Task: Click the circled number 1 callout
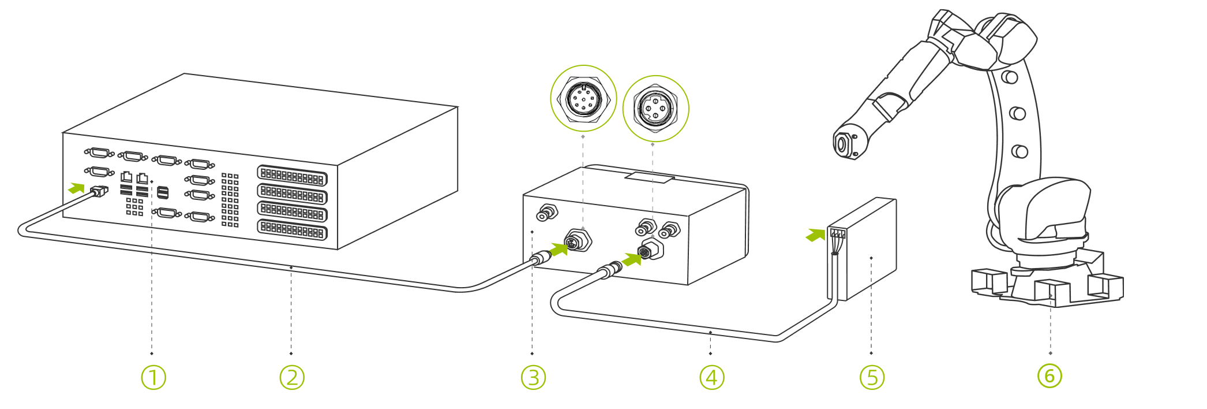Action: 153,377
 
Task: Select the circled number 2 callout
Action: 292,377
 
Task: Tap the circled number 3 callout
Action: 533,377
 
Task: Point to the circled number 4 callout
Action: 711,377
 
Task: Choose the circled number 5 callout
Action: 872,377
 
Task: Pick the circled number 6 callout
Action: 1049,375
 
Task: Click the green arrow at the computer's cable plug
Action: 76,188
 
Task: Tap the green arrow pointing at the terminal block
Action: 815,235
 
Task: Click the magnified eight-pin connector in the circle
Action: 583,99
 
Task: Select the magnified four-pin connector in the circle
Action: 655,108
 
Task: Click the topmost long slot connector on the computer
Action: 292,176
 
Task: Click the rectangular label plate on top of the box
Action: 650,177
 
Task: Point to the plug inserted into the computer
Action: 99,191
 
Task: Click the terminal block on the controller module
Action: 838,234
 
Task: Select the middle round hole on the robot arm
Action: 1018,113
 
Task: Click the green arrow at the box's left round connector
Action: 558,249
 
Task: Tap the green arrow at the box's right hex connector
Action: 632,259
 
